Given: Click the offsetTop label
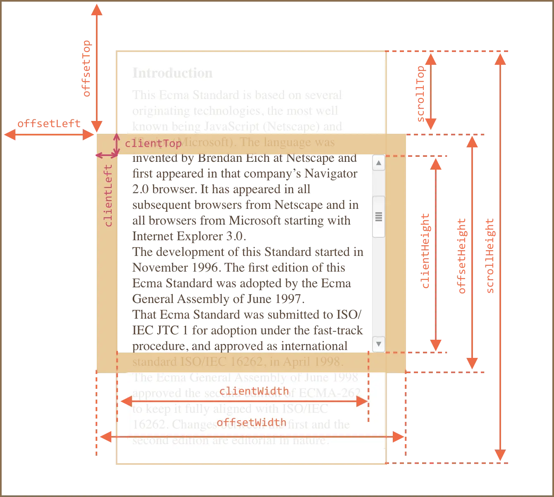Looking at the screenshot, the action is coord(87,69).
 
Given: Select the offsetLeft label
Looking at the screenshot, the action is coord(48,123).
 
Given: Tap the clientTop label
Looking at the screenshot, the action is coord(153,143).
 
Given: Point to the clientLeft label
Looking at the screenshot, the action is coord(108,195).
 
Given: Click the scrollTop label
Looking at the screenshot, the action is coord(421,94).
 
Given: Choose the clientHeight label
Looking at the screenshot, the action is coord(425,251).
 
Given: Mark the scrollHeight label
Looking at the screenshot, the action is coord(490,256).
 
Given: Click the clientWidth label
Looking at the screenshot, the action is coord(254,391).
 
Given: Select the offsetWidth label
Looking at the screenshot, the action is coord(251,422).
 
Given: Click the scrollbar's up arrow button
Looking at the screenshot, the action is coord(378,163).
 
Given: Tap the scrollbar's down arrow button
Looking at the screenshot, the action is coord(378,343).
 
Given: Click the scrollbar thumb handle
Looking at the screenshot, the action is coord(378,217).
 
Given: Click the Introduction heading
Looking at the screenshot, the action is coord(172,73).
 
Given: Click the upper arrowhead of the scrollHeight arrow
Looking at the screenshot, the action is coord(500,60).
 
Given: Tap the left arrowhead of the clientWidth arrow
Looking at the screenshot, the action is coord(125,401).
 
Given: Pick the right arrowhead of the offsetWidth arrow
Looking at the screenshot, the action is coord(399,437).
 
